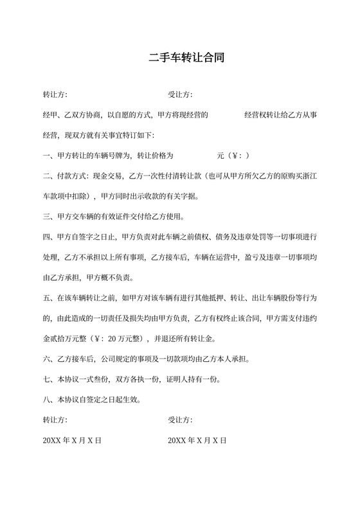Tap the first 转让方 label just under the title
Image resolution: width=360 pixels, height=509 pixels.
(x=55, y=95)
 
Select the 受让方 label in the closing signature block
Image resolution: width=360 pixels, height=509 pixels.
(x=181, y=420)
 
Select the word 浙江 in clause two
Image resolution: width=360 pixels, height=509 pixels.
(x=310, y=176)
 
